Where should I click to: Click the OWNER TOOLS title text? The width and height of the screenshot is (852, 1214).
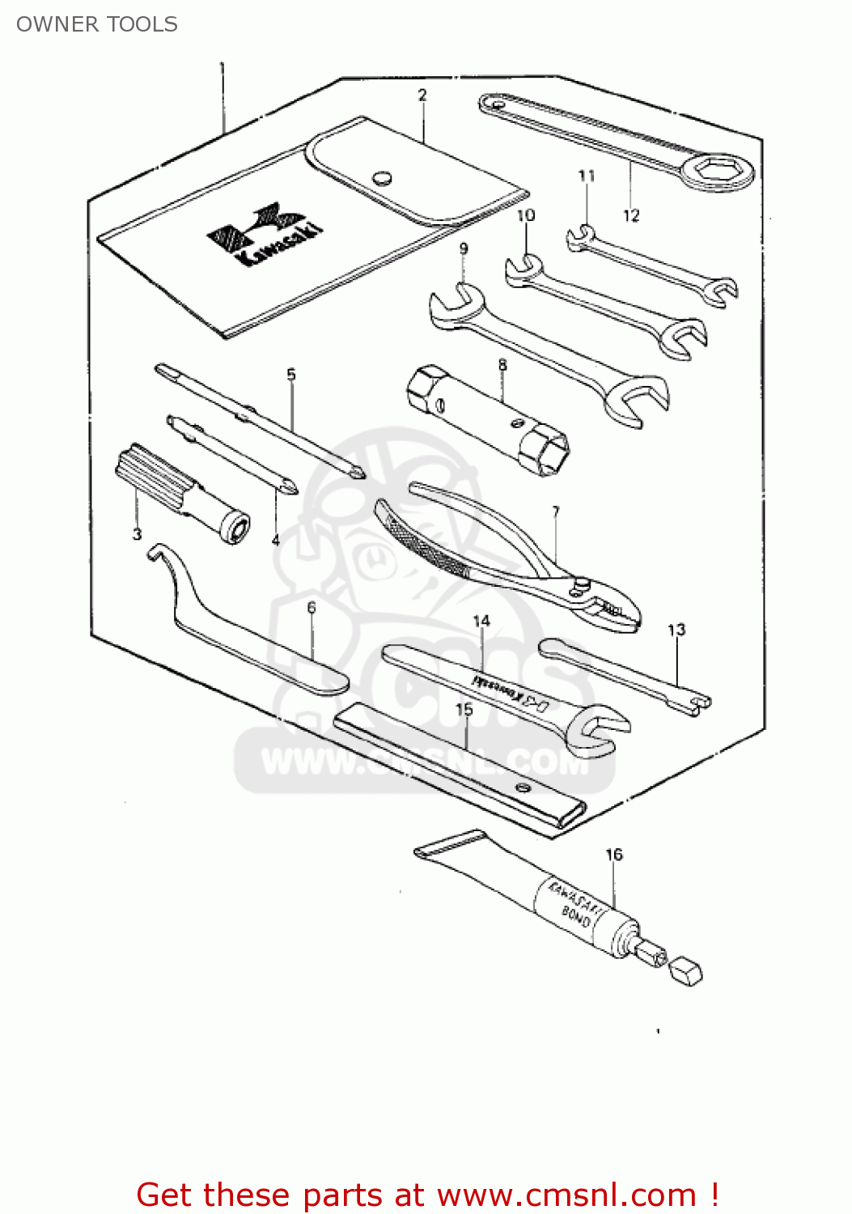tap(97, 24)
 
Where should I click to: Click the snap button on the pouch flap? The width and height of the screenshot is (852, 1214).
tap(382, 177)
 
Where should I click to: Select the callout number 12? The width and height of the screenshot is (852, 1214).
tap(631, 215)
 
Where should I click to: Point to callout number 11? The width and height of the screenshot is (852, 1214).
tap(587, 176)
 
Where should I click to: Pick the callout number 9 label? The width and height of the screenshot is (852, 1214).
tap(464, 248)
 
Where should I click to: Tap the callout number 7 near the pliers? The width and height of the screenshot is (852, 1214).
tap(556, 511)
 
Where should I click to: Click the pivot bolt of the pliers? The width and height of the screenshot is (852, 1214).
tap(580, 582)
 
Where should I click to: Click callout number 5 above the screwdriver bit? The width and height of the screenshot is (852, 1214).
tap(291, 375)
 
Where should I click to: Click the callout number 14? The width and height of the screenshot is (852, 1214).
tap(481, 621)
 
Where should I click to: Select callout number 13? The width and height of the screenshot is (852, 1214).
tap(676, 630)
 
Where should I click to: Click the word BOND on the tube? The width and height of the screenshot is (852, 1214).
tap(576, 916)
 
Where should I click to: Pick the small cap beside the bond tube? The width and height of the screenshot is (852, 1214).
tap(686, 971)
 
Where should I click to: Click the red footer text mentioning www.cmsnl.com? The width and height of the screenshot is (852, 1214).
tap(427, 1195)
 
